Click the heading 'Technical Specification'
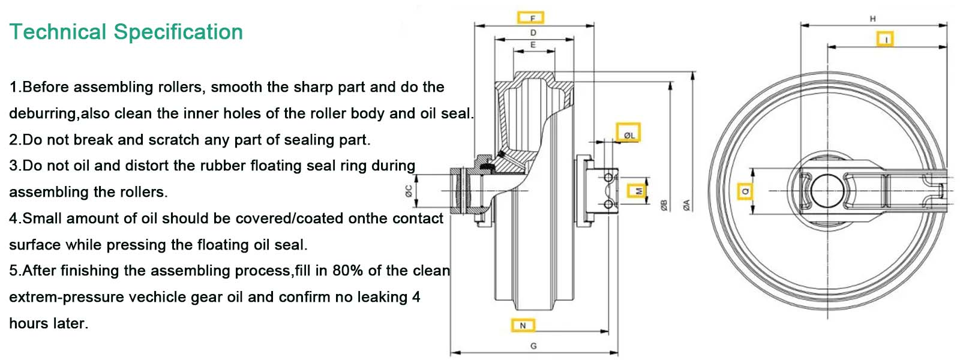(x=126, y=32)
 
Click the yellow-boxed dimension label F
(x=531, y=17)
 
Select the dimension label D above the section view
(x=533, y=32)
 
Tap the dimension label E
(x=533, y=45)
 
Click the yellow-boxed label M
(x=638, y=191)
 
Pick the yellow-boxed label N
(x=522, y=325)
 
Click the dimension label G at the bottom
(x=533, y=346)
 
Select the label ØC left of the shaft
(x=409, y=191)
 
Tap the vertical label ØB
(x=664, y=205)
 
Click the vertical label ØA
(x=687, y=205)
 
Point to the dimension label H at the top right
(x=872, y=19)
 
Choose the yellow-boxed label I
(x=885, y=40)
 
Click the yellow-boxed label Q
(x=745, y=191)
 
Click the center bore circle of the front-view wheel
(x=827, y=190)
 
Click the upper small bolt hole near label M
(x=608, y=178)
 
